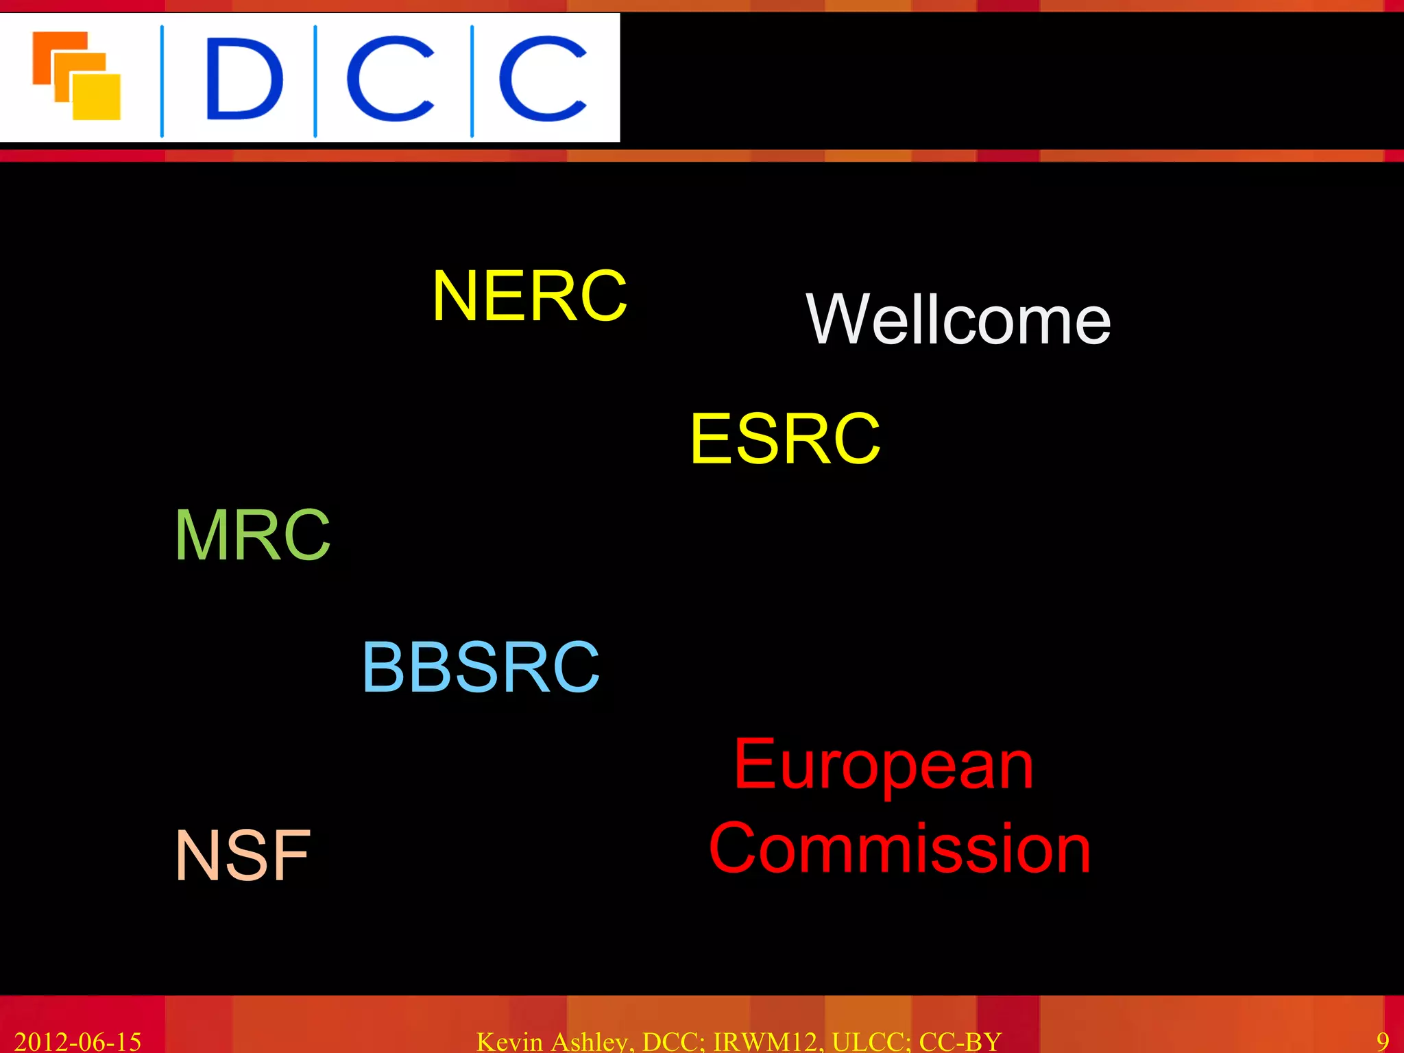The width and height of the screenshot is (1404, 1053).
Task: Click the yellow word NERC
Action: click(529, 295)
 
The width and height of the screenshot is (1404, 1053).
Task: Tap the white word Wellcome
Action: click(958, 319)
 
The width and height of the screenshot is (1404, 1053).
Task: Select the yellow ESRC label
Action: click(785, 439)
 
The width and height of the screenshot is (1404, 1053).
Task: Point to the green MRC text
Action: click(253, 535)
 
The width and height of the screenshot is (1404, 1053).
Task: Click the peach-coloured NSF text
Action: click(243, 855)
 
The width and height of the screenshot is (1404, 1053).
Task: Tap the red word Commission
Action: click(899, 849)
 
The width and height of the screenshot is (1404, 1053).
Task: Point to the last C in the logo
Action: click(542, 79)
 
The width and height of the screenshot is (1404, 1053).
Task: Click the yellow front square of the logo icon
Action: click(96, 96)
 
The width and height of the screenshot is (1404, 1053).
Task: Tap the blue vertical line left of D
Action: click(162, 81)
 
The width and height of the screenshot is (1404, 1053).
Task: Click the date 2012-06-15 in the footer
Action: click(77, 1041)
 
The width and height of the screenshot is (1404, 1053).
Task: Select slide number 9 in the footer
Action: click(1383, 1041)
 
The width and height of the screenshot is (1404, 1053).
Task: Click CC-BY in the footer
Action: click(960, 1041)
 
